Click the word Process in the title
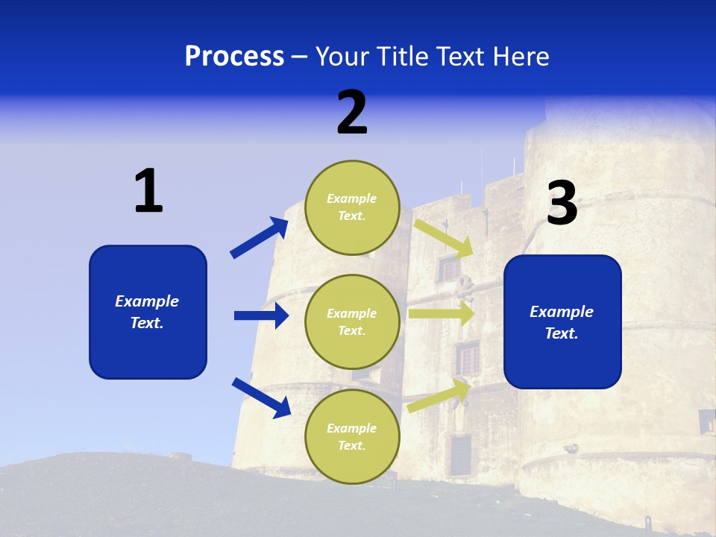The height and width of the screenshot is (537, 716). tap(234, 56)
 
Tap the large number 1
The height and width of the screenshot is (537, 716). tap(148, 191)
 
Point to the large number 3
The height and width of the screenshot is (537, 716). tap(562, 203)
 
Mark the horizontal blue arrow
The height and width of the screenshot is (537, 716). tap(261, 315)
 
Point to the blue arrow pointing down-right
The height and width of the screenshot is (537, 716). tap(261, 398)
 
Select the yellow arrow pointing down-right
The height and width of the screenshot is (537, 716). tap(443, 238)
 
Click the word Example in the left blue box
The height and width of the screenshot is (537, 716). tap(147, 301)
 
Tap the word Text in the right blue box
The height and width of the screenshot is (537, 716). tap(560, 333)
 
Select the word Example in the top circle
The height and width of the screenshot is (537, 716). tap(352, 198)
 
